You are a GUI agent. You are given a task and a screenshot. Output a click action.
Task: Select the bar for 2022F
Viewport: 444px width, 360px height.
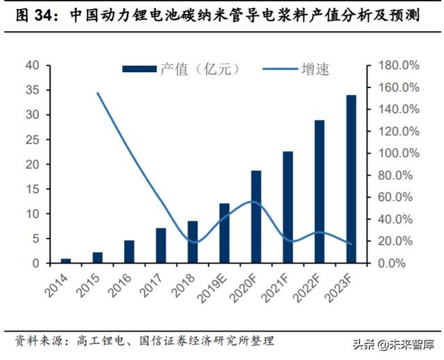tap(319, 191)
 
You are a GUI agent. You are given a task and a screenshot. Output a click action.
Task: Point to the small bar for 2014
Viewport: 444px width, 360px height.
tap(66, 261)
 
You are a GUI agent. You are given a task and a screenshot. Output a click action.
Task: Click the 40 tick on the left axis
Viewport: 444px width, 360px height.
tap(33, 65)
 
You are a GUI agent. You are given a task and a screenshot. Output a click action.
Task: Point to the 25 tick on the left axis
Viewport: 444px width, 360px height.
tap(33, 139)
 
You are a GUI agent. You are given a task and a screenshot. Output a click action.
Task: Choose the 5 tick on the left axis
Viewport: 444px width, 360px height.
tap(35, 239)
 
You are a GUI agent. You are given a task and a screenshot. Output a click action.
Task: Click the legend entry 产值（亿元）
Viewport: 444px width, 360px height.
tap(180, 69)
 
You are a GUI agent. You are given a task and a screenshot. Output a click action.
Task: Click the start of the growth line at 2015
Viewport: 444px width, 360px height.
tap(98, 93)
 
